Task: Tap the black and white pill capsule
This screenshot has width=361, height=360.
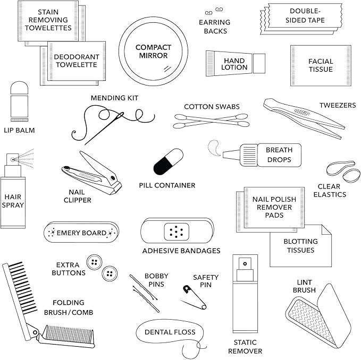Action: click(168, 161)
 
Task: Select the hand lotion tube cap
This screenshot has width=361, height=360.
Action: click(259, 64)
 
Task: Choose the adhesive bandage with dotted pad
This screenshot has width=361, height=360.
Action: click(177, 231)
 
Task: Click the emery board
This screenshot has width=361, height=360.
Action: click(81, 233)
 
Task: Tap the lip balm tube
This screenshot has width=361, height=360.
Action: click(19, 101)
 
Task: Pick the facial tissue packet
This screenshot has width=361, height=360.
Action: click(320, 65)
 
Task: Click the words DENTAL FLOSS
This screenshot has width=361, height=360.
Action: click(170, 332)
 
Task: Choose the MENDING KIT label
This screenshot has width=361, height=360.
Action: click(114, 98)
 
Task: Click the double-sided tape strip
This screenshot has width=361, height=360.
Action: click(300, 19)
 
